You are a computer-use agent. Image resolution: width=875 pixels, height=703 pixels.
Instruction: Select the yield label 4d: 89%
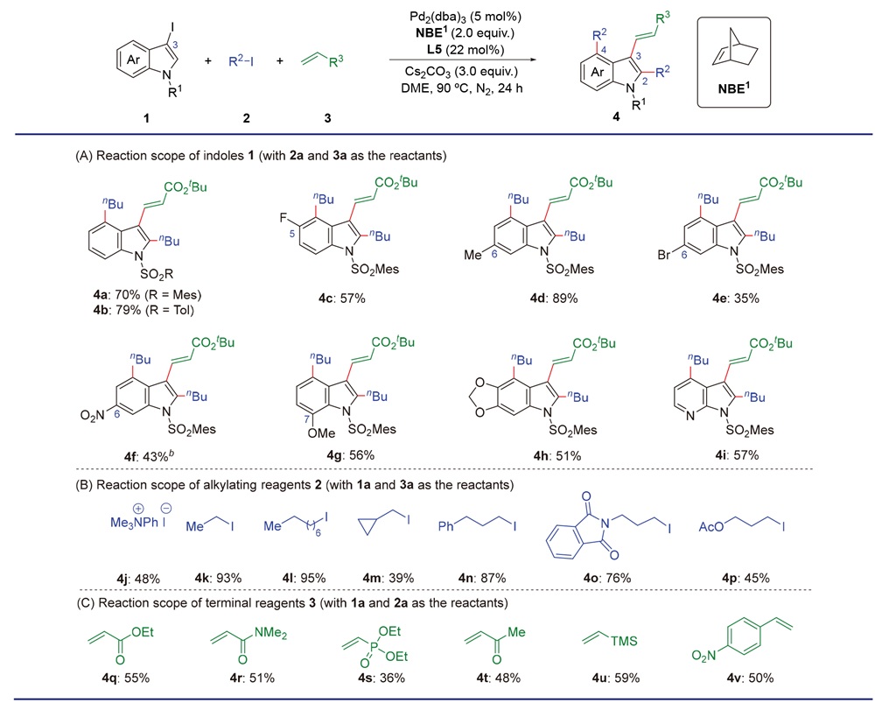[x=554, y=299]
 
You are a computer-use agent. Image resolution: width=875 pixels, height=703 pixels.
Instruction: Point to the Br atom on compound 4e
[x=663, y=255]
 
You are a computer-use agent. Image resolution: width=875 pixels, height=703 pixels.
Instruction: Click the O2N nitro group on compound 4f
[x=92, y=416]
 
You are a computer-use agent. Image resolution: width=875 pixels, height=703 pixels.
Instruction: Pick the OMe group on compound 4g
[x=321, y=432]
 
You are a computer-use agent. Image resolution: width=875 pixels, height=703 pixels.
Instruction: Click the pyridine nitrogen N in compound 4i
[x=691, y=416]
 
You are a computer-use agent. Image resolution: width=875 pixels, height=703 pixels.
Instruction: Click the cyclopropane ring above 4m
[x=367, y=525]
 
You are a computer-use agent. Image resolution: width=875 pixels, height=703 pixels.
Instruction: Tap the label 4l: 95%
[x=304, y=578]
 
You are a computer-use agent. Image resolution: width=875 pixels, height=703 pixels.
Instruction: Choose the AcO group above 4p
[x=710, y=526]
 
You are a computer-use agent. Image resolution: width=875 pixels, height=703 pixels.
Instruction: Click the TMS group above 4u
[x=624, y=641]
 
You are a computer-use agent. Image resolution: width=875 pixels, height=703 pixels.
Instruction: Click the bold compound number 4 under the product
[x=616, y=118]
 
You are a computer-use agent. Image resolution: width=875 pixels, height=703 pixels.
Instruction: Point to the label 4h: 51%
[x=556, y=456]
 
